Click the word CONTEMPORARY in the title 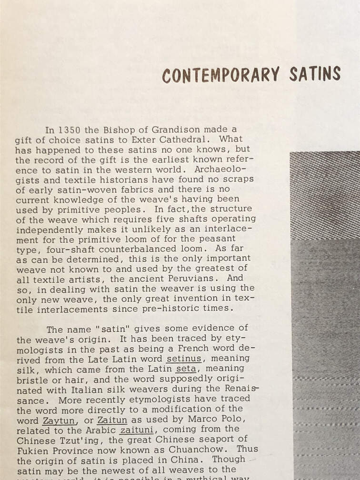[221, 75]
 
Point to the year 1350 [70, 130]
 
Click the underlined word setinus [184, 359]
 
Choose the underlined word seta [185, 369]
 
